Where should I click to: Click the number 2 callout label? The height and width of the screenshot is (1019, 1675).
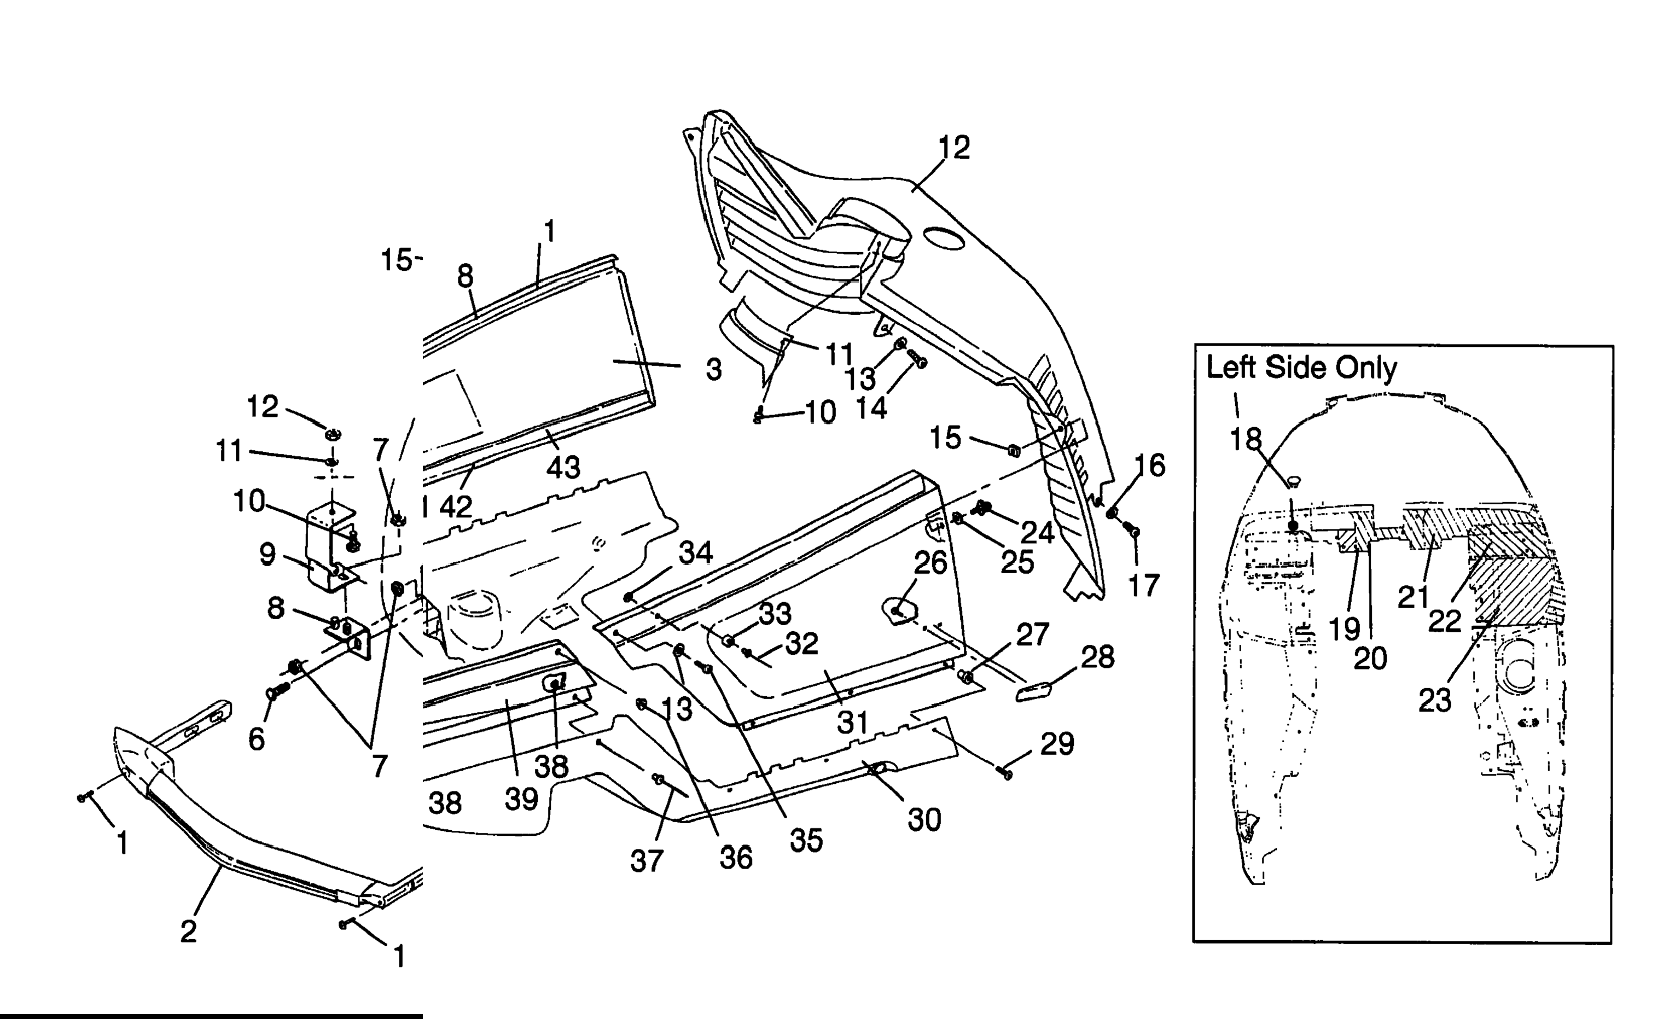coord(188,930)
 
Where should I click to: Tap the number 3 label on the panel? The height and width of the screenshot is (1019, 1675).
coord(714,370)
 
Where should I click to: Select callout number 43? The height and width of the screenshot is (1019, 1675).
coord(563,467)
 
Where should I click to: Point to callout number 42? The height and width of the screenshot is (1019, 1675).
coord(456,506)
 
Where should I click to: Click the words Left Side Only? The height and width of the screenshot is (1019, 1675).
coord(1301,368)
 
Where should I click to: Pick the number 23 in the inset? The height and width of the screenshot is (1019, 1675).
coord(1435,700)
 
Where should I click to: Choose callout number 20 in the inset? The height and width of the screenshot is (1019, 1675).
coord(1370,658)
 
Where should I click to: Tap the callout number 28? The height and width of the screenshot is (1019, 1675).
coord(1098,657)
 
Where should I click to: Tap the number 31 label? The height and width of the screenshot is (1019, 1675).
coord(853,722)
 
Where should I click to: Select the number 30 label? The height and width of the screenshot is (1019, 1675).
coord(924,820)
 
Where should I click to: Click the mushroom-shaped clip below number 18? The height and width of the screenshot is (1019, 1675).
coord(1294,482)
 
